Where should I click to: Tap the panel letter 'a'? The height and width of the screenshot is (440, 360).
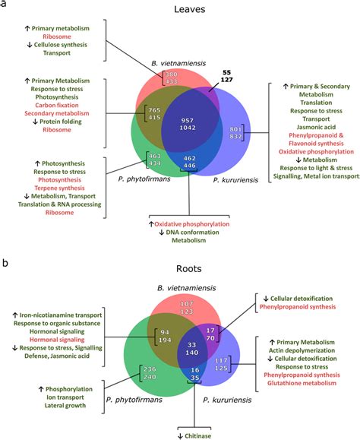point(5,6)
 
